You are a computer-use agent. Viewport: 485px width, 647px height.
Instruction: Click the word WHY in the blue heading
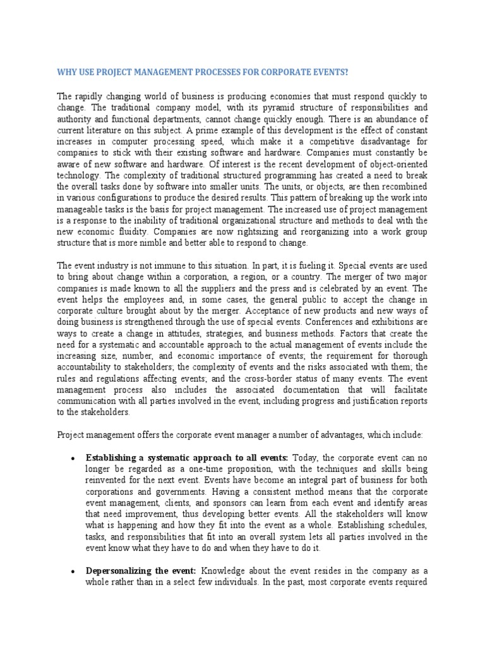(67, 72)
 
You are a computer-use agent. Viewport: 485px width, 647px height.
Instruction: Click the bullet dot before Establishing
(75, 459)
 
